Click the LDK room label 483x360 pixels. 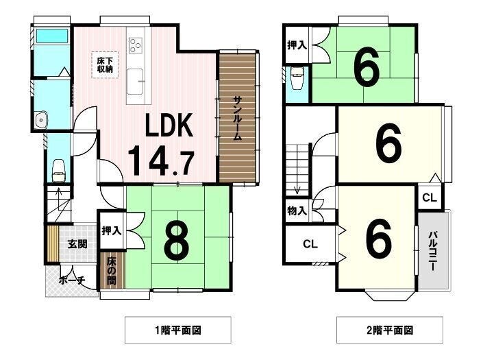coord(169,125)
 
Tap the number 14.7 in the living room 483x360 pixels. coord(161,161)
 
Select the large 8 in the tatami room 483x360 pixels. coord(177,240)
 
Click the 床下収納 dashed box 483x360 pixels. coord(105,64)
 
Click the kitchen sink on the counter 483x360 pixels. coord(135,82)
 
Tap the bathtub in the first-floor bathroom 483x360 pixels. coord(52,36)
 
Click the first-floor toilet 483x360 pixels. coord(58,171)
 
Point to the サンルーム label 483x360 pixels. coord(237,119)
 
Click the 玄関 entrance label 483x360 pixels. coord(77,244)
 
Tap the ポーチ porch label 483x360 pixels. coord(72,280)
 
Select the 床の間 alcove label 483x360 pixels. coord(111,271)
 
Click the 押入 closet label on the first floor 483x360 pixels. coord(111,230)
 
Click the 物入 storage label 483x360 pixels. coord(297,211)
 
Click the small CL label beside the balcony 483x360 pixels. coord(430,197)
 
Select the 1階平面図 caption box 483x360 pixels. coord(178,330)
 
